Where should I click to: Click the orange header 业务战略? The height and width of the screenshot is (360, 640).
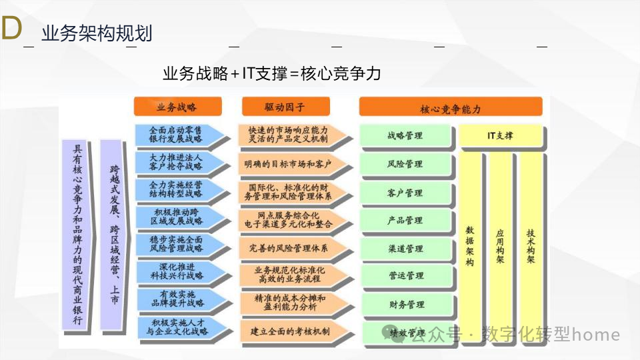coord(176,107)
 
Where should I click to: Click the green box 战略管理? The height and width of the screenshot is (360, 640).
coord(405,135)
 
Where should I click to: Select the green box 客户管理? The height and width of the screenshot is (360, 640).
coord(405,193)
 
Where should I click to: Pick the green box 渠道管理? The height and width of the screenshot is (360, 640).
coord(405,249)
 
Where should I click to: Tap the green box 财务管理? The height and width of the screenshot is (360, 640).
coord(405,305)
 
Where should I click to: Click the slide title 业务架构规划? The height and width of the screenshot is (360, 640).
coord(97,33)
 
